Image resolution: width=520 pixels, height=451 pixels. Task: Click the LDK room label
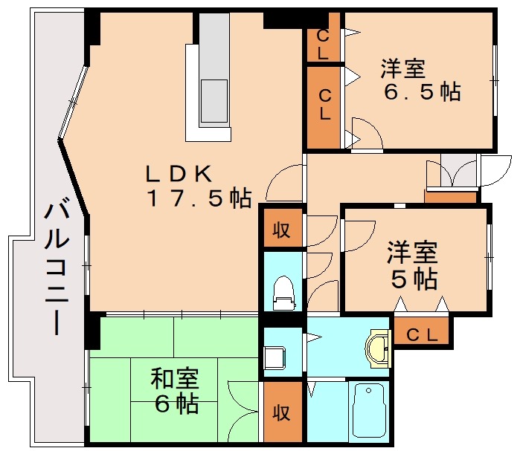(x=179, y=174)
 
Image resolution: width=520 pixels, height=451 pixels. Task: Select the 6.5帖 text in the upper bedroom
(x=421, y=92)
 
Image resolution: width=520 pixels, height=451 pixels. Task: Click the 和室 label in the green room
(x=175, y=379)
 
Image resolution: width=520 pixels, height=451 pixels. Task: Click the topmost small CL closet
(x=324, y=43)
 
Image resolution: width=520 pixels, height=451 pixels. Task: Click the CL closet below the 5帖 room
(x=421, y=334)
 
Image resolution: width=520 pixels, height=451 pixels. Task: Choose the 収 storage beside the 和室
(x=281, y=411)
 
